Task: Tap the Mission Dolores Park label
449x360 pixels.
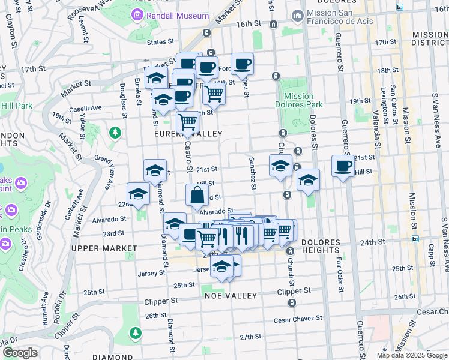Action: (299, 100)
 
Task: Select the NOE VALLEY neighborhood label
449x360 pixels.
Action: (231, 296)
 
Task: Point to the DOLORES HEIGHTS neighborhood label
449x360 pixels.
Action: (321, 242)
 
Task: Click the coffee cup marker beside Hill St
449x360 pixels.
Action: (343, 166)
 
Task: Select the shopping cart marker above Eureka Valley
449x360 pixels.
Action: (188, 122)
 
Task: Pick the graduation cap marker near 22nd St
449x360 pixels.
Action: (138, 193)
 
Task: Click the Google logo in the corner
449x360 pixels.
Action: (20, 353)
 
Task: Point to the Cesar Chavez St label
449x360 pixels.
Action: (298, 319)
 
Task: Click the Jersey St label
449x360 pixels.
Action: (154, 273)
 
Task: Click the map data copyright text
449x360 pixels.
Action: (412, 355)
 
